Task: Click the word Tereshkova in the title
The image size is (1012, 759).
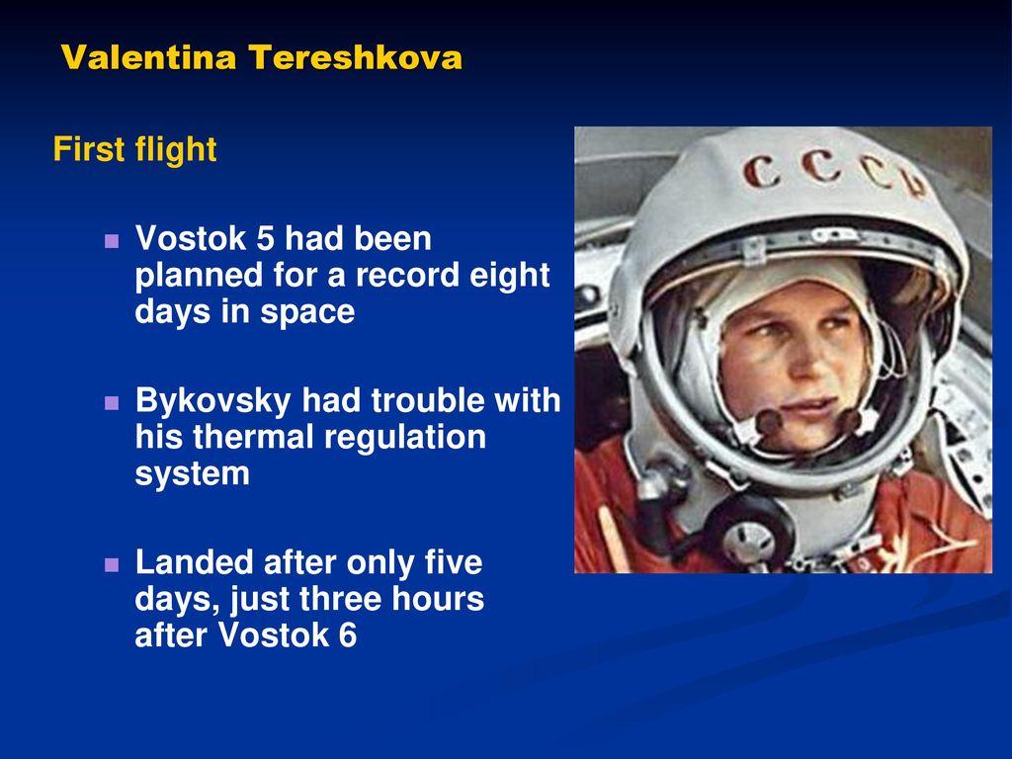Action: pos(356,56)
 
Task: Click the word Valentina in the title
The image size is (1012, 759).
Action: pos(149,56)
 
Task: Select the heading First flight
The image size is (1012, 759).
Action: pos(134,150)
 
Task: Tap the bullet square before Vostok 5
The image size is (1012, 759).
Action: pos(112,241)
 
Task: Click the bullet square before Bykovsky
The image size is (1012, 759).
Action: pos(112,403)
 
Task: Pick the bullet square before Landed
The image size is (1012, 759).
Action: pos(112,564)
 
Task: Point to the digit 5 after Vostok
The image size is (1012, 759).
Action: pos(265,238)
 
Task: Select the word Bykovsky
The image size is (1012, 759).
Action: pos(213,402)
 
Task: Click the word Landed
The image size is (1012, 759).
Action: pos(195,562)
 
